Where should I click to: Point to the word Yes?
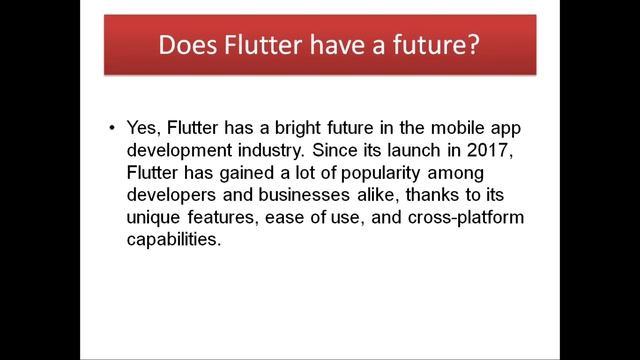[144, 129]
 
